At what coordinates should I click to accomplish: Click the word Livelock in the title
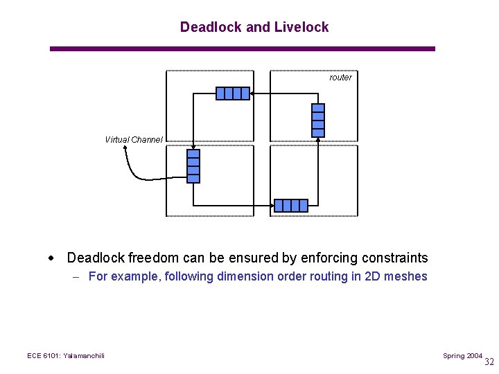tap(301, 27)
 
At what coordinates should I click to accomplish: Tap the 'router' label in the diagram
tap(340, 78)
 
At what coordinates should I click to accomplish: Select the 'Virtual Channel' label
tap(134, 140)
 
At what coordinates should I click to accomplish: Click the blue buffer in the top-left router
tap(232, 93)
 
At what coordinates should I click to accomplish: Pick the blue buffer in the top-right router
tap(318, 120)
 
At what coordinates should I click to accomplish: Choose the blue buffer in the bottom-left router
tap(193, 166)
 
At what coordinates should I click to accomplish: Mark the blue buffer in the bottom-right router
tap(290, 206)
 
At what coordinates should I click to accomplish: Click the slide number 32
tap(489, 362)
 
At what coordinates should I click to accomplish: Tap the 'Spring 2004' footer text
tap(462, 356)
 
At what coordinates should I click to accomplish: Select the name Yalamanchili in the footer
tap(84, 356)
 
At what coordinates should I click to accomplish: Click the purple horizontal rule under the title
tap(243, 48)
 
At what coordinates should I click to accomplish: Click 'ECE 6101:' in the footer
tap(44, 356)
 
